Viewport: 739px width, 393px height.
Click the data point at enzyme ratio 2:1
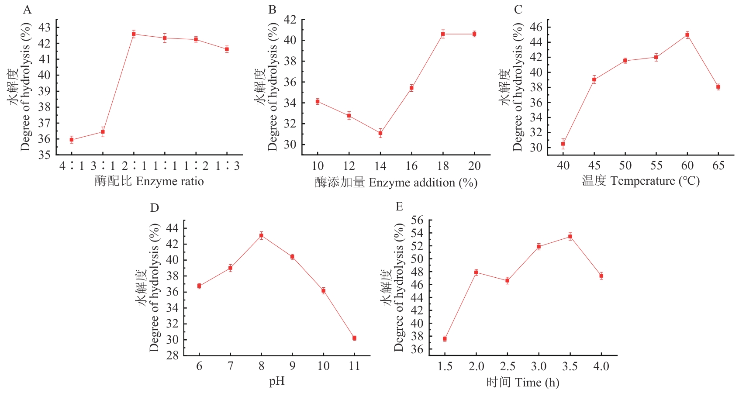(134, 34)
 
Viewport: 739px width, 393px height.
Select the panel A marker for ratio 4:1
(72, 140)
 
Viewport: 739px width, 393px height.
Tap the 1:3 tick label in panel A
(227, 166)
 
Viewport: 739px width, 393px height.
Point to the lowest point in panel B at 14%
(380, 133)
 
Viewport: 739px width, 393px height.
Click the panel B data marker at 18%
(443, 34)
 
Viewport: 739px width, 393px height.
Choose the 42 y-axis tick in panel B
(290, 20)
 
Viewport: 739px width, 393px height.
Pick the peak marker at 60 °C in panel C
(687, 35)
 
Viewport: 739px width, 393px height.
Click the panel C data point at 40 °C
(563, 144)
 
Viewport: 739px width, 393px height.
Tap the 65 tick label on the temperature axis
(718, 166)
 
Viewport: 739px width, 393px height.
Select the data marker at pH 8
(261, 236)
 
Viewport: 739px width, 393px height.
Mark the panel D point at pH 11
(354, 338)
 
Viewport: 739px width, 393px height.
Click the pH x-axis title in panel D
(277, 381)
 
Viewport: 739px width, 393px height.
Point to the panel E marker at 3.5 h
(570, 237)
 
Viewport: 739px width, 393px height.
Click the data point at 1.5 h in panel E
(445, 339)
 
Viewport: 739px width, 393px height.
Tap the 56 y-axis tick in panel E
(417, 220)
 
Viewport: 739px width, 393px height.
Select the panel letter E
(399, 207)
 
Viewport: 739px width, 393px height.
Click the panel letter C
(518, 10)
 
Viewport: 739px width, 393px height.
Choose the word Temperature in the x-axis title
(642, 181)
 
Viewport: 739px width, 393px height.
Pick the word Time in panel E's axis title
(528, 383)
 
